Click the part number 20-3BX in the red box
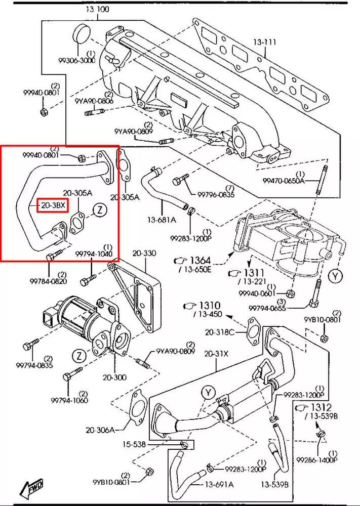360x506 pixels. [52, 206]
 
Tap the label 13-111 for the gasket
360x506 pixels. [265, 43]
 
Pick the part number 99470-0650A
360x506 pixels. [284, 181]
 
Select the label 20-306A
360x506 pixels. [100, 430]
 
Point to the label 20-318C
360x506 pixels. [220, 332]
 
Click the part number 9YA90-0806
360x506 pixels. [94, 101]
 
